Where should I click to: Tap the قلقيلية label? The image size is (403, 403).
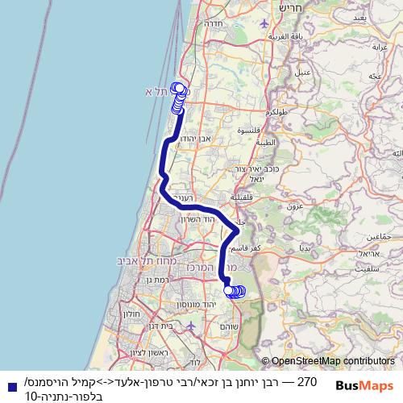(x=242, y=197)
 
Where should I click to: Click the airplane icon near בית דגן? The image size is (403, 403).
(x=189, y=326)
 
